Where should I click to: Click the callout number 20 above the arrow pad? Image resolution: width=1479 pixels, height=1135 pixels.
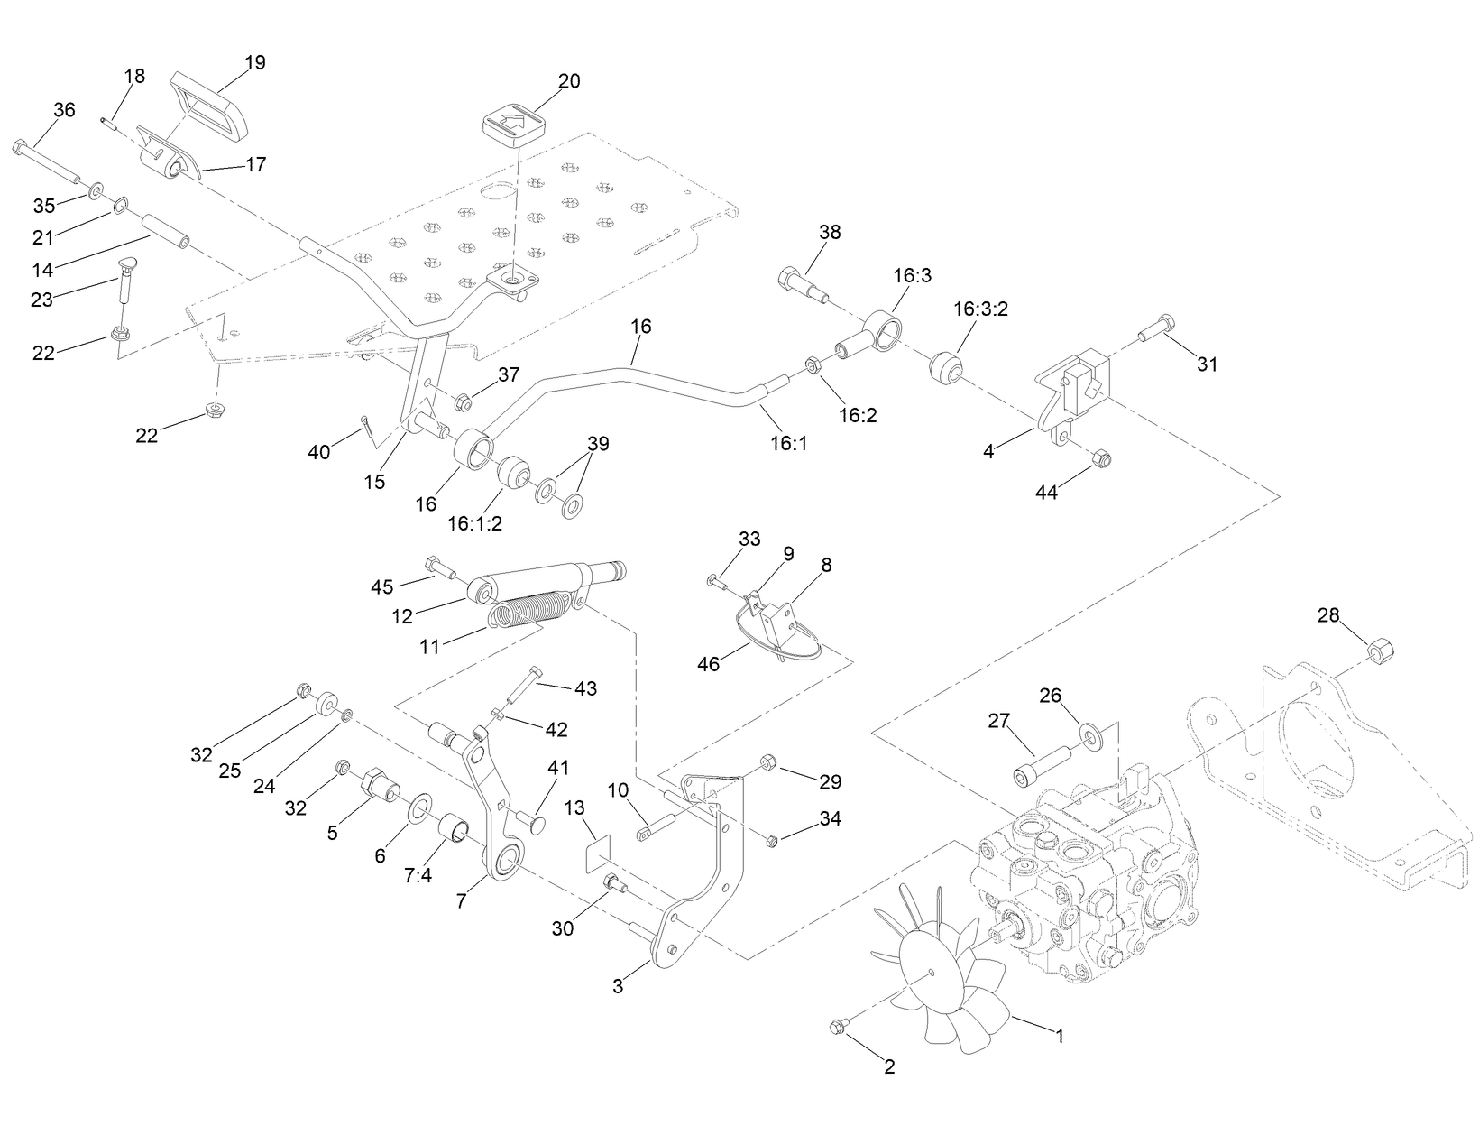[569, 80]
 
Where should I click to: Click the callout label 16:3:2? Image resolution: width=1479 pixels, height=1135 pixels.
[980, 309]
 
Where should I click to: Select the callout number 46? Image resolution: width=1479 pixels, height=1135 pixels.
[708, 664]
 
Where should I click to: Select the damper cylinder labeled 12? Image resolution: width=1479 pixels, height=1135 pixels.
[532, 581]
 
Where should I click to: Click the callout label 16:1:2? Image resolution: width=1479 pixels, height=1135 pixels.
[474, 523]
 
